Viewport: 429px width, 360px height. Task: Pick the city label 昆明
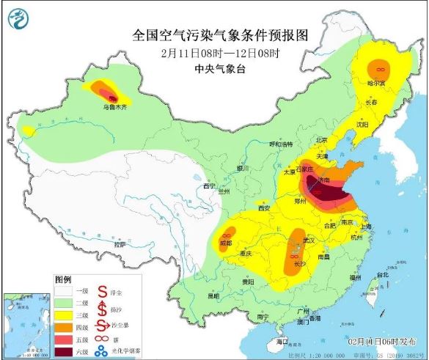pos(213,296)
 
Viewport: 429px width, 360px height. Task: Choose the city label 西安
pos(264,208)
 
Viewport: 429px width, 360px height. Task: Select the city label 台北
pos(382,275)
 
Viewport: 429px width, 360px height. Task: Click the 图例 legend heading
pos(64,279)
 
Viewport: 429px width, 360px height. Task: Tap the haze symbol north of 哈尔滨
pos(380,68)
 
